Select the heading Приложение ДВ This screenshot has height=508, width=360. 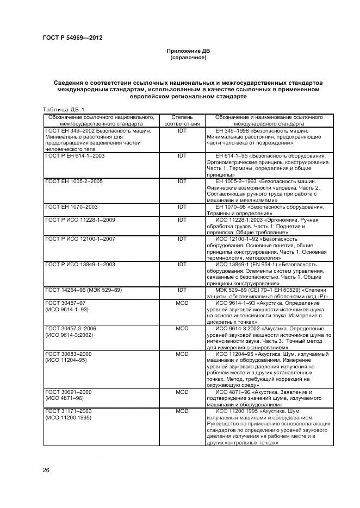tap(188, 51)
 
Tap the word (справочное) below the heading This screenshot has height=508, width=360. tap(188, 57)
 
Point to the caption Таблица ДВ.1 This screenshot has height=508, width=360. tap(64, 109)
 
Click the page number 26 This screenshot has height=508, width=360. tap(46, 469)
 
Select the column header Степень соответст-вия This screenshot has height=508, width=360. tap(182, 120)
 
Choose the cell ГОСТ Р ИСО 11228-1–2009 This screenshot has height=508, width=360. tap(79, 219)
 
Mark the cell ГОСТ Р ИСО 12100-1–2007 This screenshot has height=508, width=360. tap(79, 239)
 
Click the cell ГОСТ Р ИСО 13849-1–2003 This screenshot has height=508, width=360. tap(79, 264)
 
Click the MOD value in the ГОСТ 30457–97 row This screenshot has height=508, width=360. tap(182, 302)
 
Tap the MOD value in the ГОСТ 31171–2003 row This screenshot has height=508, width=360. tap(182, 411)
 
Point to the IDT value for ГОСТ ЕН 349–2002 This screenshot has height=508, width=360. tap(182, 130)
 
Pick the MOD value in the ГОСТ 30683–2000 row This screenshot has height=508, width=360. tap(182, 354)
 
